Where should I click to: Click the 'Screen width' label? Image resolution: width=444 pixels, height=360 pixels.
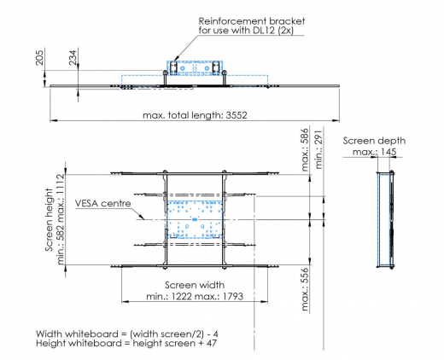click(196, 284)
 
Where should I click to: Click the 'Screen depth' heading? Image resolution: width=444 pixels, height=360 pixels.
click(374, 141)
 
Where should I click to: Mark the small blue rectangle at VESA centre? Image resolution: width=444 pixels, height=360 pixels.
click(195, 219)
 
